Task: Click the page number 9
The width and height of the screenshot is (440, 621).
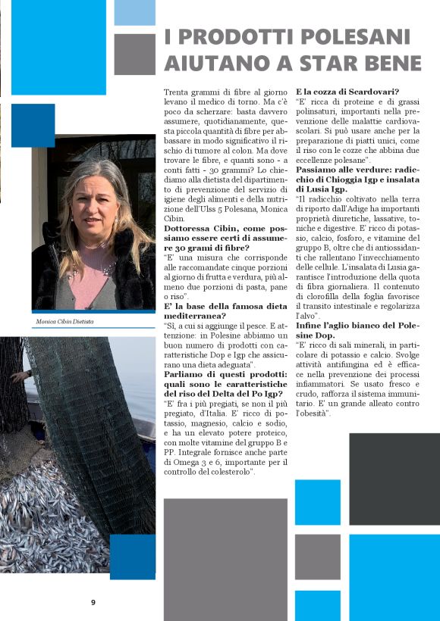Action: pos(93,603)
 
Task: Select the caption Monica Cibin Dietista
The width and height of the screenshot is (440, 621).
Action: pos(64,321)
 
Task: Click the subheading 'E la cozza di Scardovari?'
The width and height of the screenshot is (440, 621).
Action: pos(343,92)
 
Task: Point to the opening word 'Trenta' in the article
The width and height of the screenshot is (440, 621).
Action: pos(178,92)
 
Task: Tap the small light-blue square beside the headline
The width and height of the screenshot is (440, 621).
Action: pos(134,13)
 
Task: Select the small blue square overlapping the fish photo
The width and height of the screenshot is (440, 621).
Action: pos(133,557)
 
